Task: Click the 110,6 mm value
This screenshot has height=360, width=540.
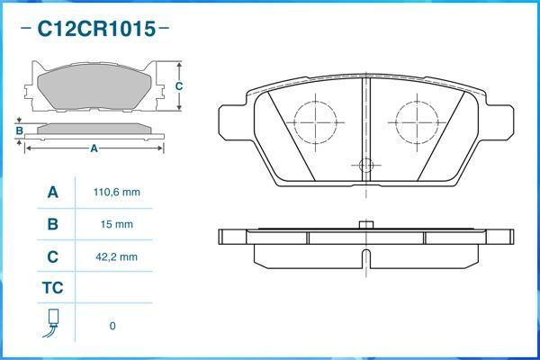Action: tap(118, 193)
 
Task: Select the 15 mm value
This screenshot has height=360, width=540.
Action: tap(118, 224)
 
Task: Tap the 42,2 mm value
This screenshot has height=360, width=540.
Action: tap(118, 256)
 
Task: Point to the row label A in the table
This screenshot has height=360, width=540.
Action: tap(52, 193)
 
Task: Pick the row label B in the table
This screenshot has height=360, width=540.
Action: tap(52, 224)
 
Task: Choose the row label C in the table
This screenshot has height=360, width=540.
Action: tap(52, 256)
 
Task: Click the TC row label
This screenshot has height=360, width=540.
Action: tap(52, 289)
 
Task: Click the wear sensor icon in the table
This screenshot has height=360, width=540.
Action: tap(52, 323)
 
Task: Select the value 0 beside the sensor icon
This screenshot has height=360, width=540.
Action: tap(112, 326)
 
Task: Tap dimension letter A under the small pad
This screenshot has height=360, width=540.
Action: tap(94, 148)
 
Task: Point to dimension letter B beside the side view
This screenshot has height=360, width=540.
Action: tap(19, 131)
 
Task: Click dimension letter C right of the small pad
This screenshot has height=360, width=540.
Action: tap(179, 86)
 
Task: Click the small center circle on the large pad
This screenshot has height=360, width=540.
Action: tap(365, 165)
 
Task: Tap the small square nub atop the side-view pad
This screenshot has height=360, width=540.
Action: tap(364, 224)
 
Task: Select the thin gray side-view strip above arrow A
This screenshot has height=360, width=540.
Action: tap(94, 129)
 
